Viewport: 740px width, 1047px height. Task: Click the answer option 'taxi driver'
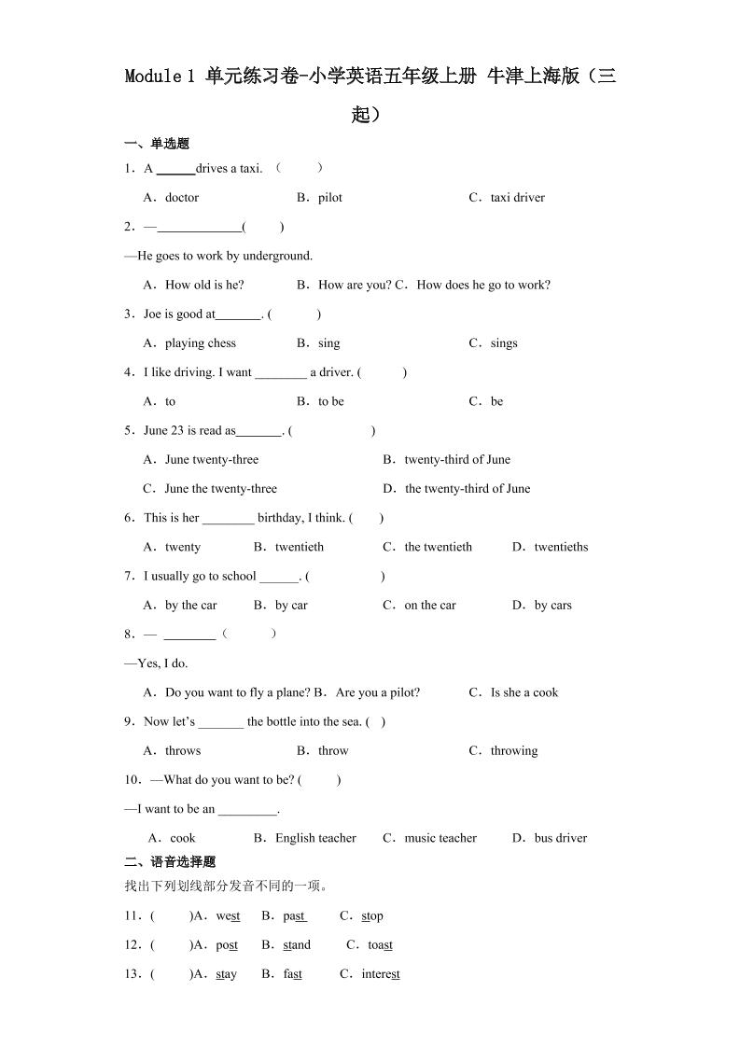[x=517, y=198]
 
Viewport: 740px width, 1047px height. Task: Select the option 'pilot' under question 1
[x=329, y=198]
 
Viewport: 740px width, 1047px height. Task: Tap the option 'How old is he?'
[x=203, y=286]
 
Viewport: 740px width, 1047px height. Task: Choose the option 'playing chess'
[x=200, y=343]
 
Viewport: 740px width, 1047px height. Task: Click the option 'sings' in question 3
[x=503, y=343]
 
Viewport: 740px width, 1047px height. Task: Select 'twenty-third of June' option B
[x=457, y=460]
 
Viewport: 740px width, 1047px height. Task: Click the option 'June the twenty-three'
[x=220, y=489]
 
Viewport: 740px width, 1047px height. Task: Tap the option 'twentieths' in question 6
[x=561, y=548]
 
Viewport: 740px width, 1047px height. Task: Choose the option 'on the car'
[x=430, y=606]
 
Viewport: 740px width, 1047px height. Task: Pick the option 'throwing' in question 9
[x=514, y=751]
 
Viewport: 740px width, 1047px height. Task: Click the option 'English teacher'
[x=315, y=839]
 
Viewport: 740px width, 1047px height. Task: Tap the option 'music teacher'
[x=440, y=839]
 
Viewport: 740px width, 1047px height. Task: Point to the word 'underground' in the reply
[x=277, y=256]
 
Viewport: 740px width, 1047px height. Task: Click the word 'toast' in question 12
[x=380, y=945]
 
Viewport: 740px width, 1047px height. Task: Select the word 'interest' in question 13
[x=381, y=974]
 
